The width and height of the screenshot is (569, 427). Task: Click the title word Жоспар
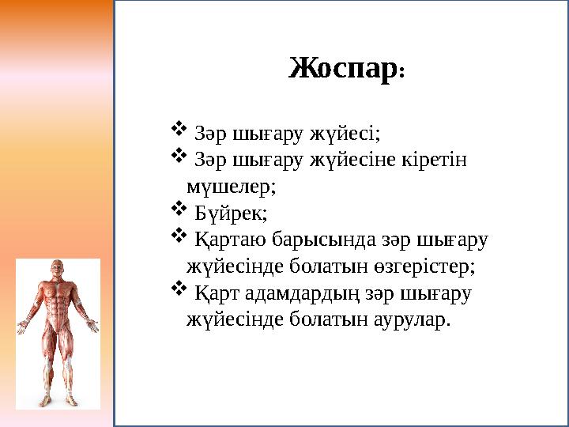342,70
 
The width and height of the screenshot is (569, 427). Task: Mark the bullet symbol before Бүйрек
178,210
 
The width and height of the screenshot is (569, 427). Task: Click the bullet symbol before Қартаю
178,236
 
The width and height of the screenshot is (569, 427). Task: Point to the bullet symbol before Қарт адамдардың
178,290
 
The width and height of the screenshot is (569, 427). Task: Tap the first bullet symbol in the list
178,128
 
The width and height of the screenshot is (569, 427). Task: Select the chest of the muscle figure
58,297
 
